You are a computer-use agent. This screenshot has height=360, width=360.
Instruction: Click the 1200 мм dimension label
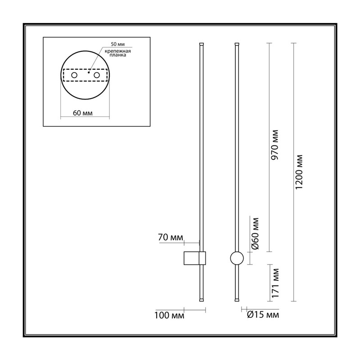tap(299, 172)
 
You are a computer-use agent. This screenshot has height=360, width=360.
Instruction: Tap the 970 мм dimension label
tap(274, 145)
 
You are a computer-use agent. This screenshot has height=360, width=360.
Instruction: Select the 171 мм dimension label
tap(275, 283)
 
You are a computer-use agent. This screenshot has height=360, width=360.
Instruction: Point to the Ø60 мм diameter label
tap(255, 234)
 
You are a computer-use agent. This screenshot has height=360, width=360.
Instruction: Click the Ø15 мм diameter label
tap(263, 315)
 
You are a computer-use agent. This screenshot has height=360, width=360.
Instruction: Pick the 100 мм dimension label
tap(169, 315)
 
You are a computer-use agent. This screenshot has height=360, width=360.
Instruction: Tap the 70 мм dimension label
tap(171, 237)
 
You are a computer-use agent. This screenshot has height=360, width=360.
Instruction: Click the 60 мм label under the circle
tap(83, 113)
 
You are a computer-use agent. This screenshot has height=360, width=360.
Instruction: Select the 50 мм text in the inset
tap(118, 44)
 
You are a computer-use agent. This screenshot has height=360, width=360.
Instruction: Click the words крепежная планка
tap(118, 53)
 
